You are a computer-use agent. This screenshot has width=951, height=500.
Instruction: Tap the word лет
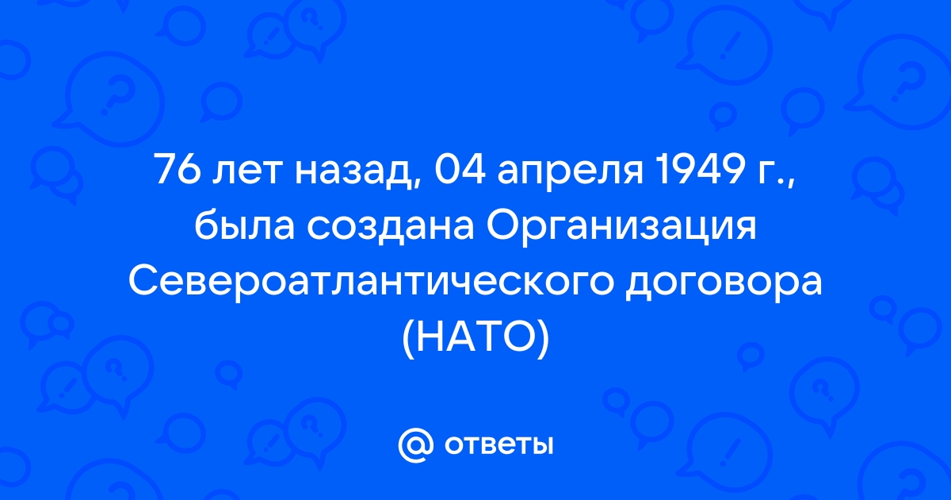[247, 174]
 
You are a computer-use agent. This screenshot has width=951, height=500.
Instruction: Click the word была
[244, 225]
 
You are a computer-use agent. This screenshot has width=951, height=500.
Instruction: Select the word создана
[390, 229]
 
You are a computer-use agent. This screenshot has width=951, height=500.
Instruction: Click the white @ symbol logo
[415, 445]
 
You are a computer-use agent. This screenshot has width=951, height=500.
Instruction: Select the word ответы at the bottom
[498, 445]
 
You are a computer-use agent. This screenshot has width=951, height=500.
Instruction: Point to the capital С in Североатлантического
[144, 281]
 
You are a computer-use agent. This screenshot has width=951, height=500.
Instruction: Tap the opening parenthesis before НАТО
[408, 340]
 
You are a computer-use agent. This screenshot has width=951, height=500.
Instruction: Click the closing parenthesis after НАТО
[543, 340]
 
